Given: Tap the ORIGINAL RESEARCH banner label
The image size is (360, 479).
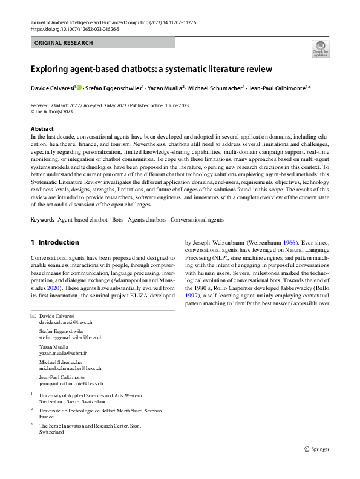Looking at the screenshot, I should pyautogui.click(x=64, y=43).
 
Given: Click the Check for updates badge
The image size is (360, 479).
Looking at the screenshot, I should pyautogui.click(x=320, y=49).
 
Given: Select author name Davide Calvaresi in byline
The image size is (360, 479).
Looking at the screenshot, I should pyautogui.click(x=52, y=88).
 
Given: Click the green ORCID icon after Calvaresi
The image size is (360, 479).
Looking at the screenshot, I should pyautogui.click(x=79, y=88).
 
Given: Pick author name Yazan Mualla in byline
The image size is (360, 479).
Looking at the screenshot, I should pyautogui.click(x=165, y=88).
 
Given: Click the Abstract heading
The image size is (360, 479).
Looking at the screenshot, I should pyautogui.click(x=42, y=129).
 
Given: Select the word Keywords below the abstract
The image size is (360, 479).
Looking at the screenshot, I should pyautogui.click(x=42, y=219).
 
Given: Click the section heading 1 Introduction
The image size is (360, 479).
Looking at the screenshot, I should pyautogui.click(x=55, y=242).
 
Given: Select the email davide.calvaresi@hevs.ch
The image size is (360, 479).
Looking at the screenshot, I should pyautogui.click(x=65, y=323).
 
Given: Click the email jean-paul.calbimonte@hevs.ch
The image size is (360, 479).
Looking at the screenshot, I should pyautogui.click(x=71, y=383).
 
